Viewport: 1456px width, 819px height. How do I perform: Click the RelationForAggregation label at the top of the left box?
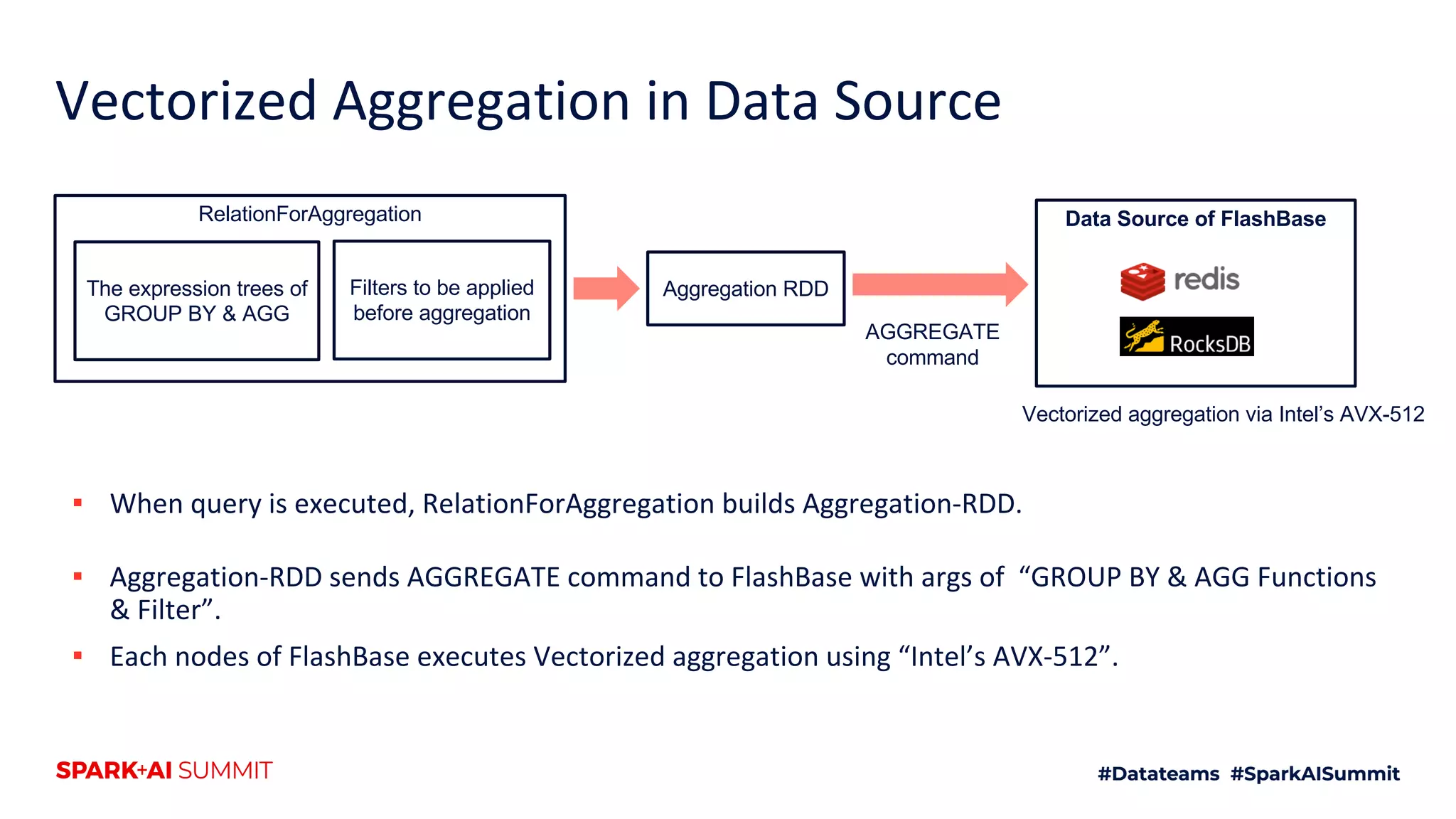point(309,214)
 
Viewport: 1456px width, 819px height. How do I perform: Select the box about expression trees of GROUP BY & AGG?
point(197,301)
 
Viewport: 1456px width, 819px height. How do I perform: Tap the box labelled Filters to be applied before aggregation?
point(441,300)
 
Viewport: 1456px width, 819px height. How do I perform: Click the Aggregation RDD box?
point(746,289)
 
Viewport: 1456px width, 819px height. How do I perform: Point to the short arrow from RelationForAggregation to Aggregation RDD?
point(606,289)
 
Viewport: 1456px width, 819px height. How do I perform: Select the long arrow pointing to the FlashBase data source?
point(938,284)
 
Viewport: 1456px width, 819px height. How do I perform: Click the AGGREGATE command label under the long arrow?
point(932,344)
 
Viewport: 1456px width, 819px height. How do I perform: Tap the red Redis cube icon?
point(1142,281)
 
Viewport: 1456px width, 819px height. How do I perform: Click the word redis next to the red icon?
point(1206,279)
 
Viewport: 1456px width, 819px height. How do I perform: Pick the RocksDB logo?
point(1186,336)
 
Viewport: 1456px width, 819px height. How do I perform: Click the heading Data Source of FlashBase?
point(1195,219)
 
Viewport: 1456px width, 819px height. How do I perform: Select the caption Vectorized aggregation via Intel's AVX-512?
point(1223,414)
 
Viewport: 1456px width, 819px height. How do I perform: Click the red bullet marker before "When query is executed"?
point(78,503)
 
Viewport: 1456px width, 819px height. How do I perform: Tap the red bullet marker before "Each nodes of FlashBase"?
point(78,656)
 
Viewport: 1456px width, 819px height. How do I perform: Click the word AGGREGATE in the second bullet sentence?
point(483,577)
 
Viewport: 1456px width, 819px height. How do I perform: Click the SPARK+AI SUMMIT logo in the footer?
point(164,771)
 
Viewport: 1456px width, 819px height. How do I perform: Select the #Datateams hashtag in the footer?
point(1158,773)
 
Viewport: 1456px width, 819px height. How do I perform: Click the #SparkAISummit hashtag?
point(1315,773)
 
